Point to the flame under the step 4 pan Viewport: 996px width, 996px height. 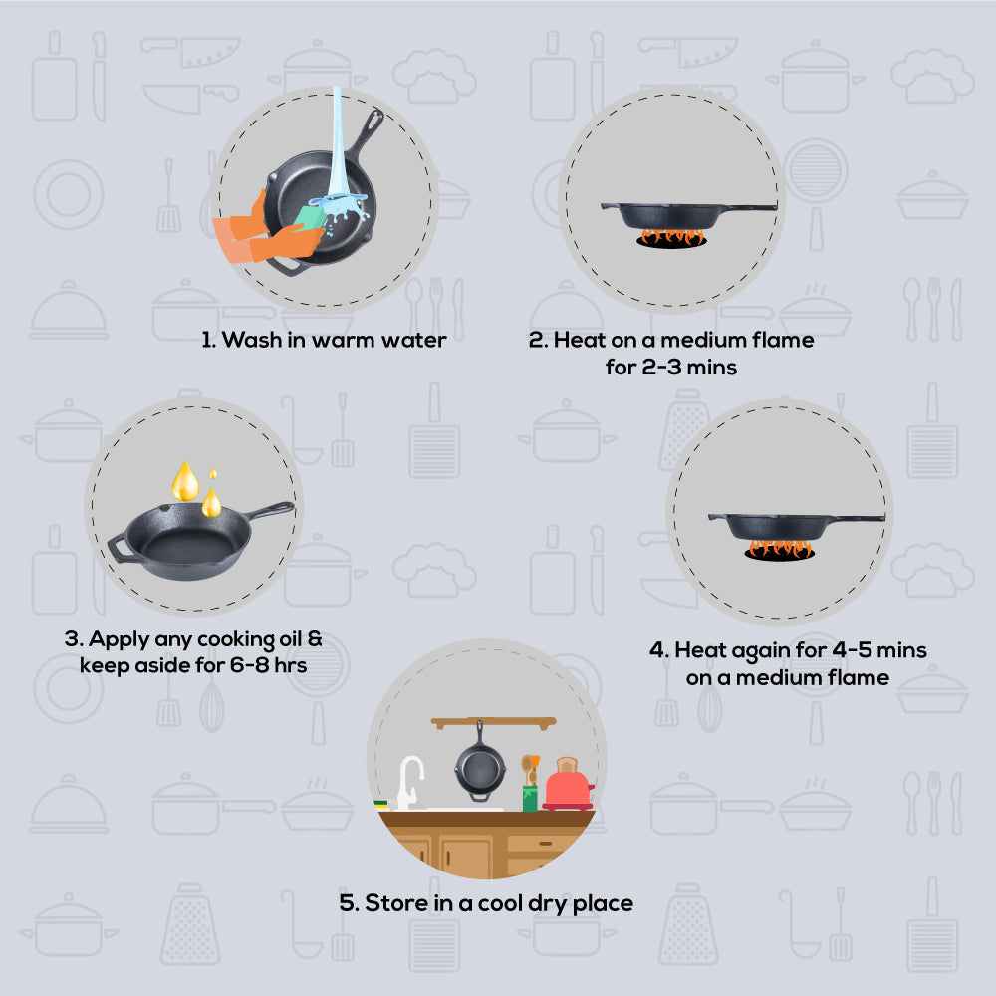(779, 548)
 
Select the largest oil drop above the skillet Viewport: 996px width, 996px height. (185, 481)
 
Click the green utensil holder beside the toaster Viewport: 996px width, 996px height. (530, 797)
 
